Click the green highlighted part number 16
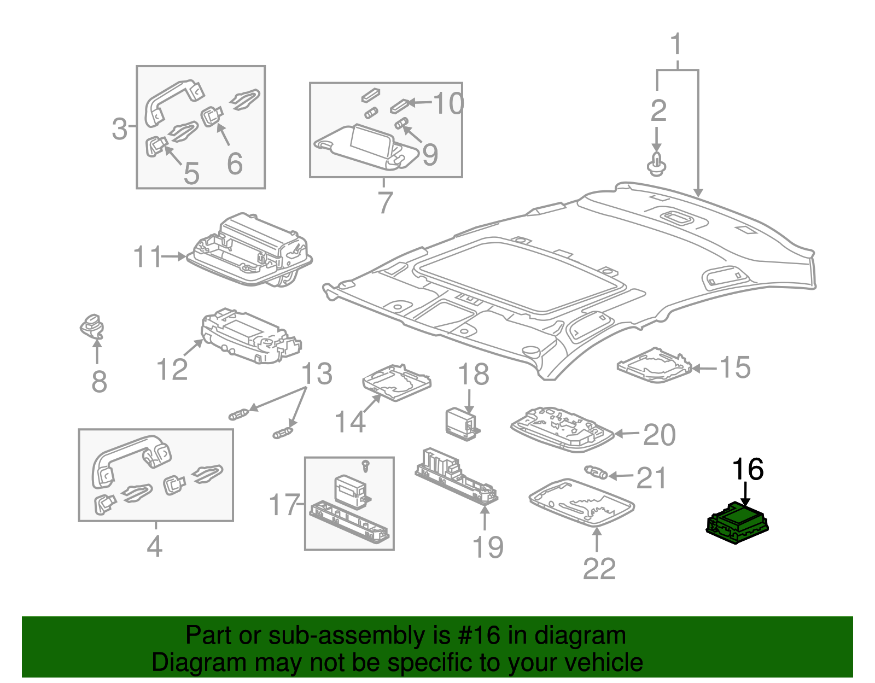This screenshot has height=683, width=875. coord(737,523)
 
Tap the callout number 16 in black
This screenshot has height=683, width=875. coord(747,470)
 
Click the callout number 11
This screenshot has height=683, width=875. coord(148,256)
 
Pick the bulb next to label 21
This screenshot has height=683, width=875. coord(596,471)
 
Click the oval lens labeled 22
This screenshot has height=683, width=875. coord(581,501)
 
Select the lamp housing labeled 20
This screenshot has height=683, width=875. coord(562,429)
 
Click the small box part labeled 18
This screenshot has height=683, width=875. coord(461,423)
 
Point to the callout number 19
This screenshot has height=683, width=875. coord(487,547)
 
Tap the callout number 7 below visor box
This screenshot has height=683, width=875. coord(385,202)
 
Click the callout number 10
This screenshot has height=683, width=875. coord(448,103)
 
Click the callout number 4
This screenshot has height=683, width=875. coord(155,546)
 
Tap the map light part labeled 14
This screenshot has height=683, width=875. coord(396,382)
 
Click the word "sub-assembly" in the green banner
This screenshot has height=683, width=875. coord(328,635)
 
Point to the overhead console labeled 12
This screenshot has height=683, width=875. coord(249,338)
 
